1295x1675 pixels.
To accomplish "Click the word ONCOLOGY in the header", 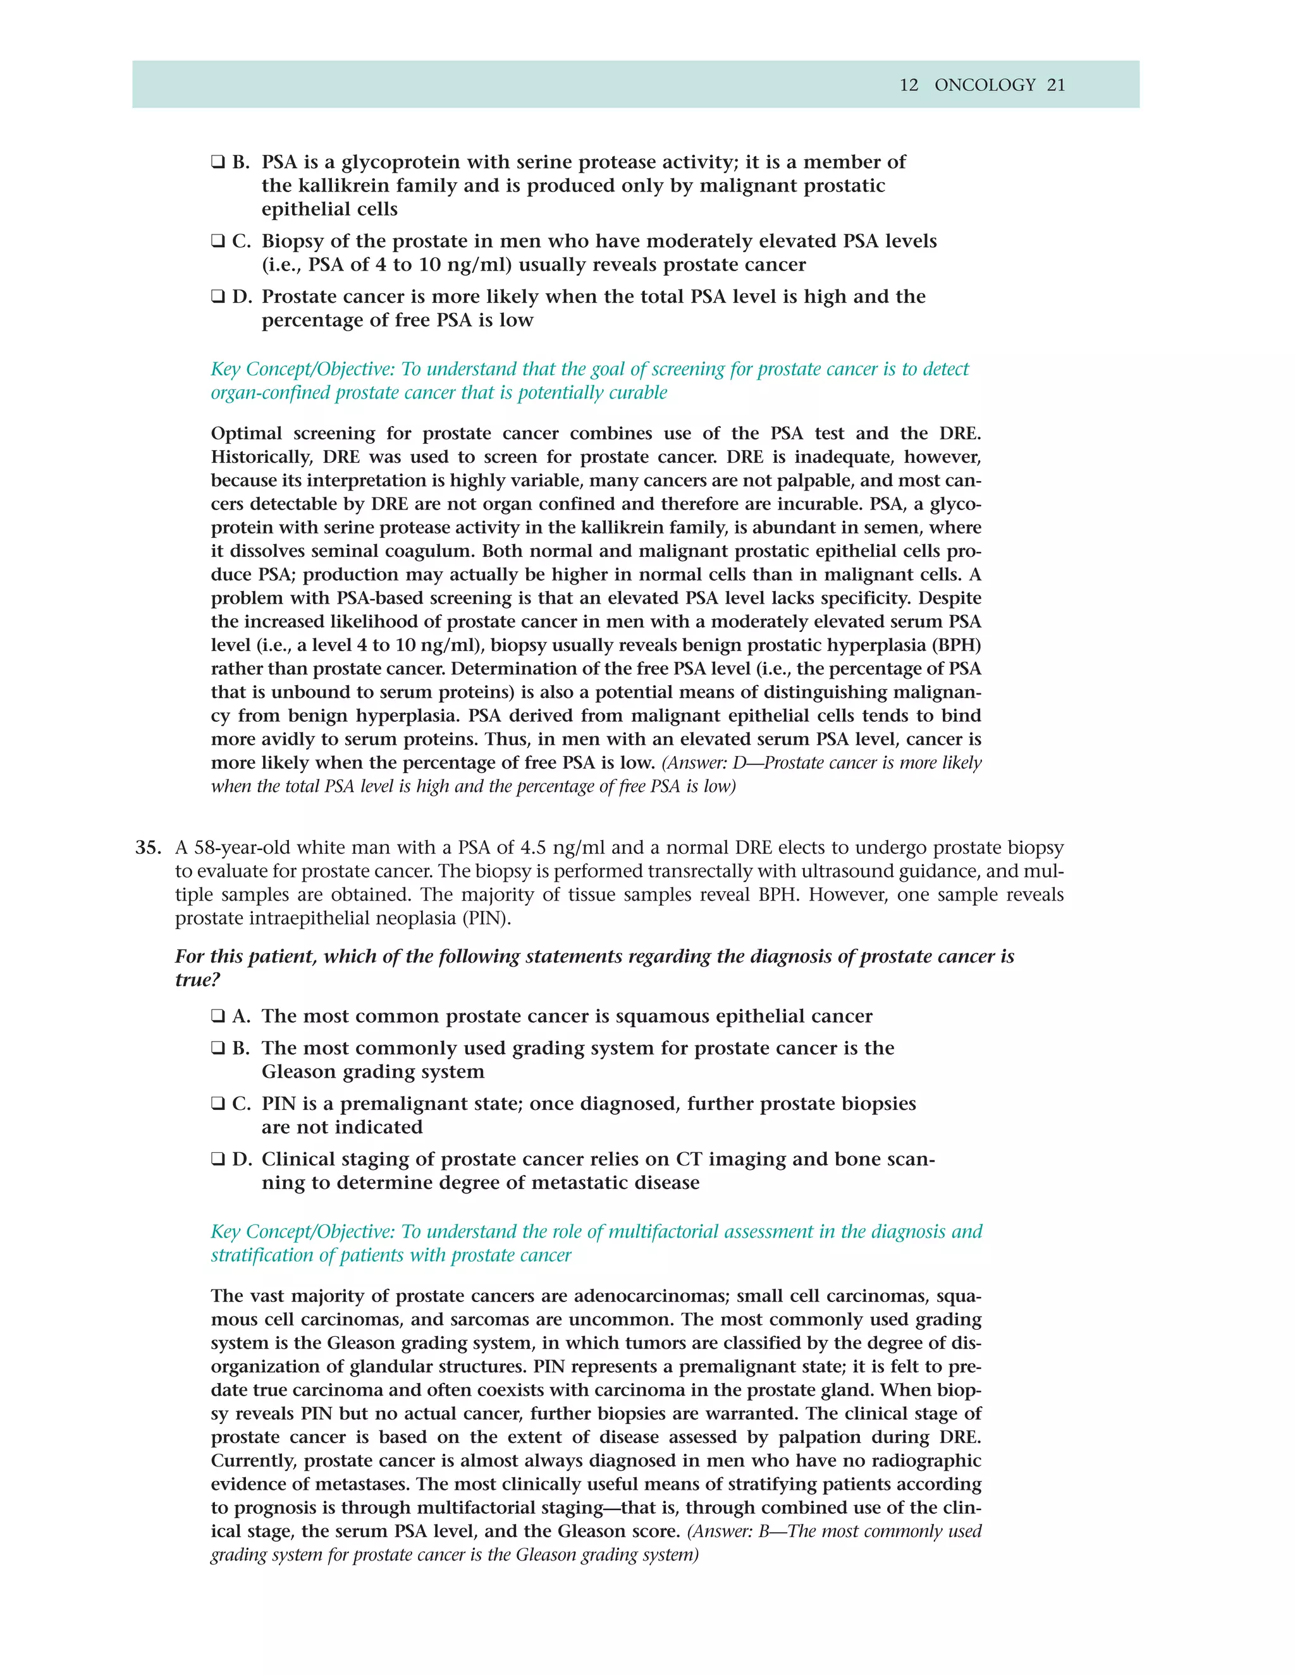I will (985, 85).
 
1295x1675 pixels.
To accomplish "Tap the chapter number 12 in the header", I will (909, 85).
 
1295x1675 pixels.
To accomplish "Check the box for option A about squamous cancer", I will (218, 1016).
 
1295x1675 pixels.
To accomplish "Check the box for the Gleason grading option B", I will (218, 1049).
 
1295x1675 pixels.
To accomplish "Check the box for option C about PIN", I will (218, 1104).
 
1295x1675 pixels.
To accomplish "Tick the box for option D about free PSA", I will (218, 297).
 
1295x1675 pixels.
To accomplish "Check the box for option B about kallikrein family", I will (218, 162).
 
